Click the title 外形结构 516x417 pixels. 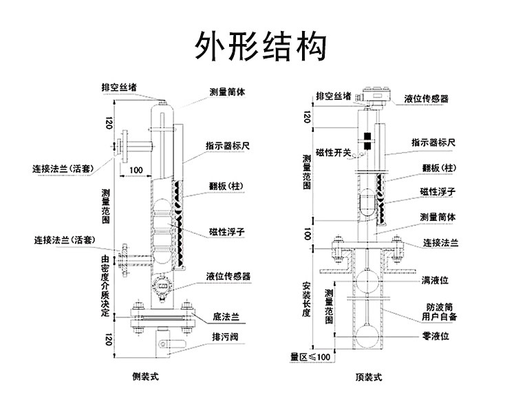[261, 46]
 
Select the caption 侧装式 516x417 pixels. [145, 376]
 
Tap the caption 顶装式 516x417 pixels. [369, 377]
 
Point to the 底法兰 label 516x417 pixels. [226, 317]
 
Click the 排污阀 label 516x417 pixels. [225, 337]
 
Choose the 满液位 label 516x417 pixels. [435, 281]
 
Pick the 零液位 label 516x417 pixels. [436, 336]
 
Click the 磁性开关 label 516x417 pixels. [334, 153]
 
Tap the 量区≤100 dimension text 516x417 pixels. [310, 356]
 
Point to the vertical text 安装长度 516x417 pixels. [307, 299]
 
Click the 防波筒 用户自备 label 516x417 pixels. [440, 312]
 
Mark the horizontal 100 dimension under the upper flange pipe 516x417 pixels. [136, 170]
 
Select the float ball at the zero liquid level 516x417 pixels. [367, 336]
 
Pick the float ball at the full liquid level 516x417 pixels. [367, 281]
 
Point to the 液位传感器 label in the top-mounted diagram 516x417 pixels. [426, 98]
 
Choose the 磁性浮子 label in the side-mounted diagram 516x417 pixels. [227, 232]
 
